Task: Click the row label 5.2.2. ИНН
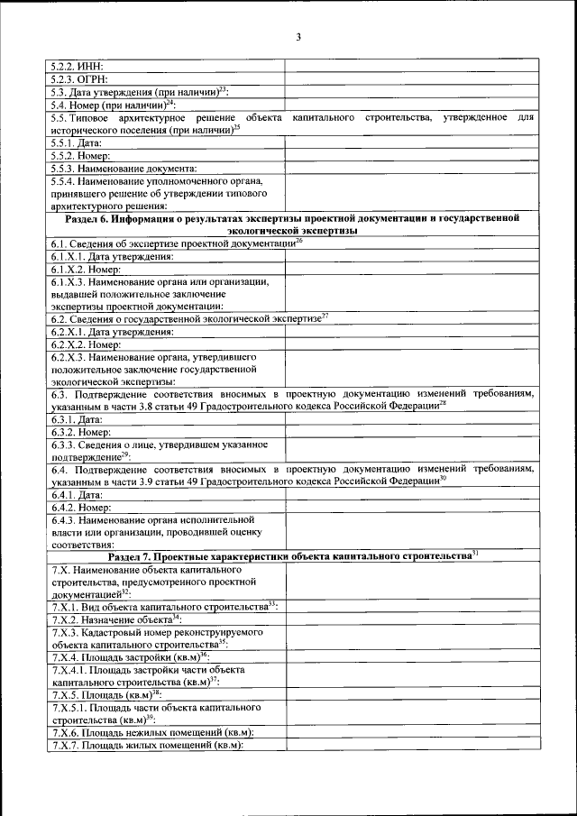point(78,66)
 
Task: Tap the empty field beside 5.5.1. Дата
point(411,142)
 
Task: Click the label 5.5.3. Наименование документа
point(124,168)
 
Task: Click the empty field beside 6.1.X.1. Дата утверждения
point(411,256)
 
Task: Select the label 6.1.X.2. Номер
point(87,269)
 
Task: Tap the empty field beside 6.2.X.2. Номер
point(411,344)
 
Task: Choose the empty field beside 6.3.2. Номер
point(411,433)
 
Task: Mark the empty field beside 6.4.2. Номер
point(411,509)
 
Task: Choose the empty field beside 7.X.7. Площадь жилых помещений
point(411,746)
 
